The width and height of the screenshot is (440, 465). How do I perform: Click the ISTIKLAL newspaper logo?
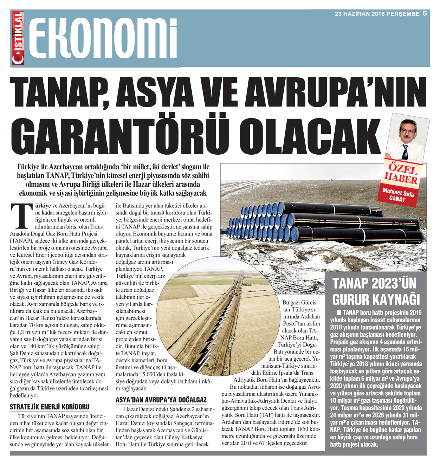(x=18, y=38)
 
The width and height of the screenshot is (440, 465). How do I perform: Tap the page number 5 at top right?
(x=425, y=14)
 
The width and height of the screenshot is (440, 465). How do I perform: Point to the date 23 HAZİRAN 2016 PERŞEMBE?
(x=377, y=14)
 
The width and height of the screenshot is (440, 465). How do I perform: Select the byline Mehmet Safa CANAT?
(x=398, y=195)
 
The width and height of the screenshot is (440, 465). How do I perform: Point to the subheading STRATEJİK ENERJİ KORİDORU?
(x=50, y=407)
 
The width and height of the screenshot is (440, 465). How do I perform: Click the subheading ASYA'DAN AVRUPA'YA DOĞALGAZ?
(x=161, y=400)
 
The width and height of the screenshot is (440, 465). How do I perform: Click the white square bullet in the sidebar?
(x=339, y=312)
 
